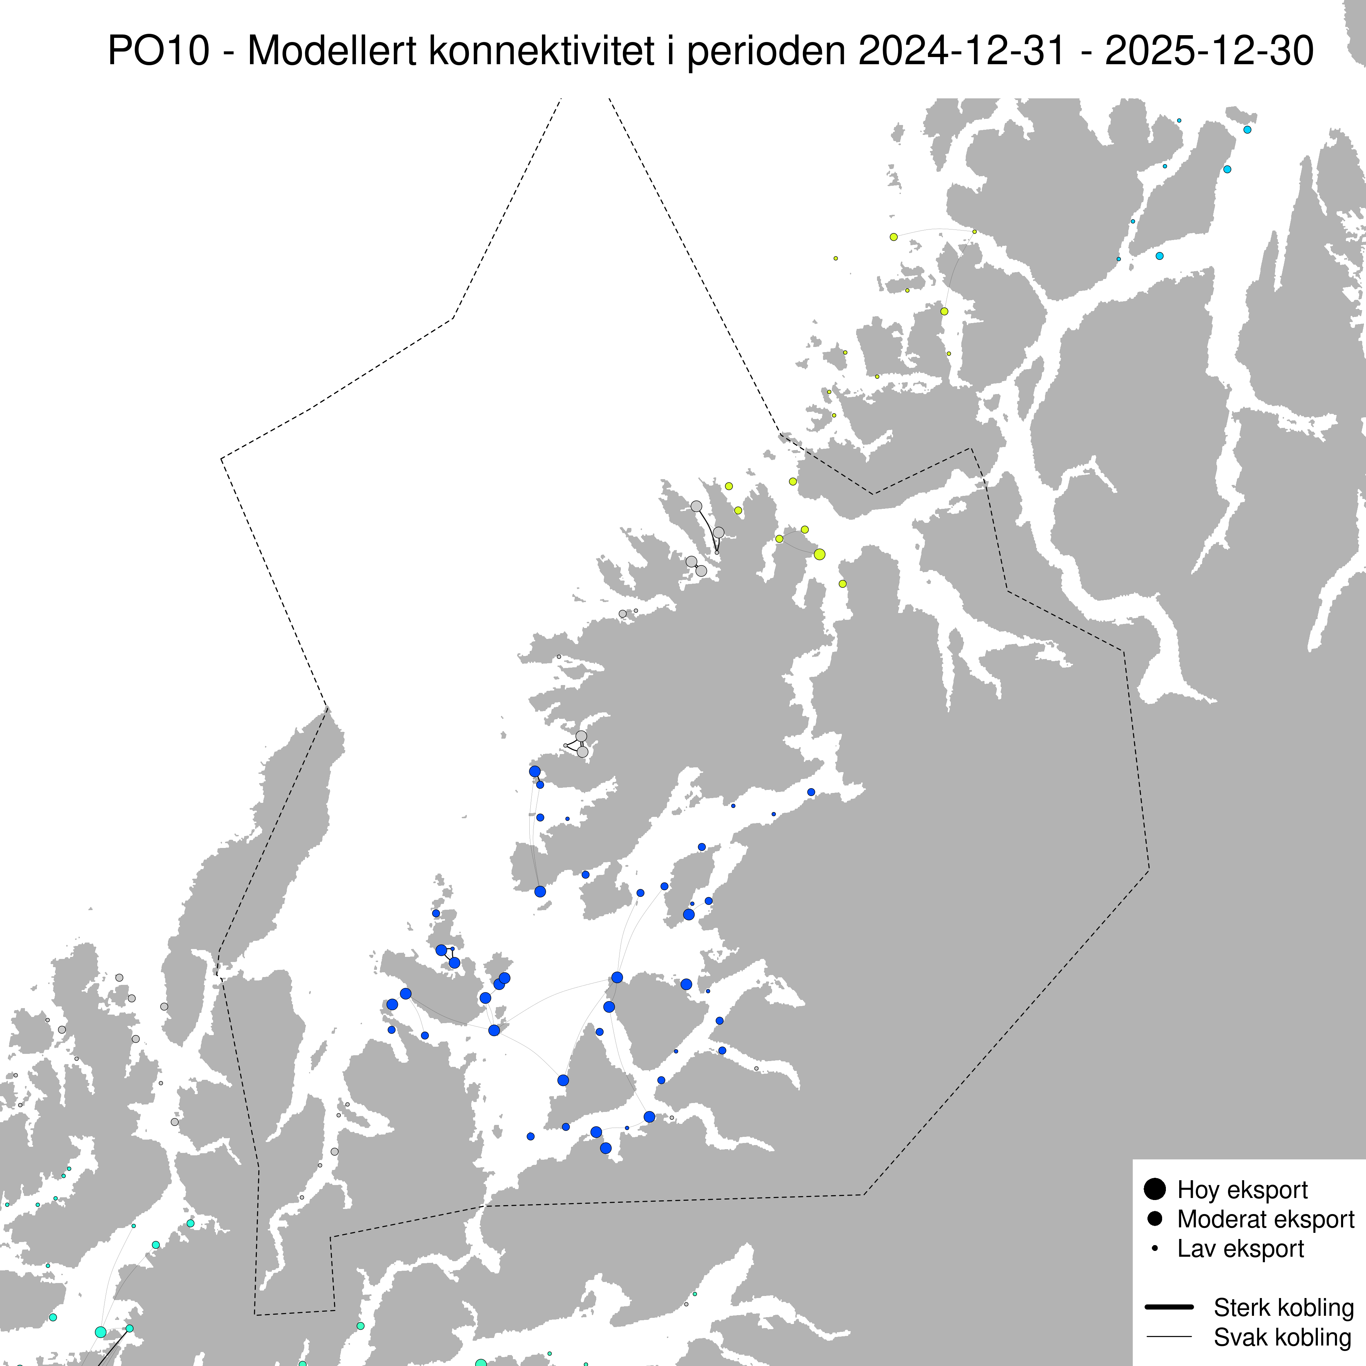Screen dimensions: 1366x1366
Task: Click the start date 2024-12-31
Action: click(x=962, y=51)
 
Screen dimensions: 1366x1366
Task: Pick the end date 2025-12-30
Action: click(x=1209, y=51)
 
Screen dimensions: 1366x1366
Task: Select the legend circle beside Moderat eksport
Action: click(x=1155, y=1218)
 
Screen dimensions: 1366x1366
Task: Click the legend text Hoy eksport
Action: click(x=1242, y=1190)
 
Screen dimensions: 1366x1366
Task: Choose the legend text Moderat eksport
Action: click(x=1266, y=1219)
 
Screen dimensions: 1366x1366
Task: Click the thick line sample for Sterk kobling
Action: click(x=1169, y=1307)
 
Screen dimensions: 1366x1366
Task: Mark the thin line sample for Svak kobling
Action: click(x=1169, y=1336)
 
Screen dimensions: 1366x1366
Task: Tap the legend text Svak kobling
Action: click(x=1282, y=1337)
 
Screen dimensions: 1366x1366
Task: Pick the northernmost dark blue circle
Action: click(x=534, y=771)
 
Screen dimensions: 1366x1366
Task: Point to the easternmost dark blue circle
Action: click(x=811, y=792)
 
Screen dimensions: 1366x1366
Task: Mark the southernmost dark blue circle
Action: click(x=605, y=1148)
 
